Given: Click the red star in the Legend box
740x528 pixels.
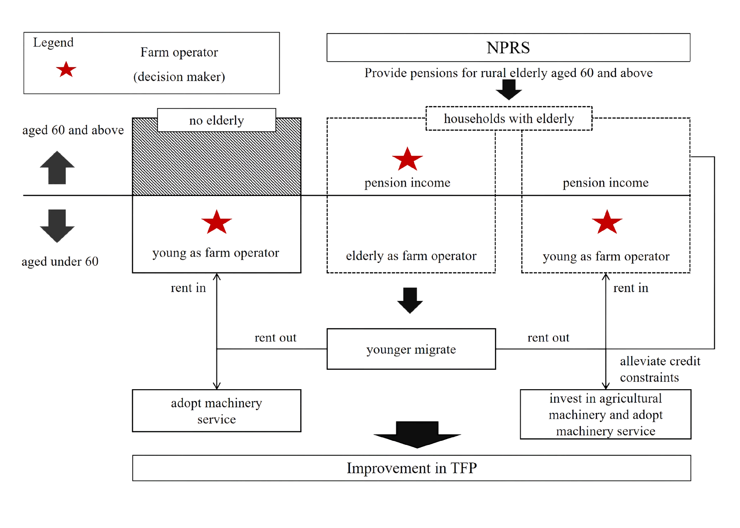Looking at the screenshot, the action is point(66,69).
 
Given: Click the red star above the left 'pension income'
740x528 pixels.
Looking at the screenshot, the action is point(407,159).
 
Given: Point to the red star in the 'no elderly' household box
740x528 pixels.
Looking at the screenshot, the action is point(216,222).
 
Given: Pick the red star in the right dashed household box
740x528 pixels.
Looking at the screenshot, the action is point(607,222).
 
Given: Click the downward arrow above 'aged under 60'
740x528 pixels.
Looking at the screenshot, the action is point(57,226).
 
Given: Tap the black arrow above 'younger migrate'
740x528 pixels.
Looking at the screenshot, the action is point(410,301).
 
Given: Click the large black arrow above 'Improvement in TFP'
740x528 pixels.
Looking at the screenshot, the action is point(417,435).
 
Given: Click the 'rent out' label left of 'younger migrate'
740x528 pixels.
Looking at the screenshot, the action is point(275,338).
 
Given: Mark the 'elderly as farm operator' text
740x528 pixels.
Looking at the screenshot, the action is point(411,256).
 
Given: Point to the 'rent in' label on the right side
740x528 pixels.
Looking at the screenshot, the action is point(631,288).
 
